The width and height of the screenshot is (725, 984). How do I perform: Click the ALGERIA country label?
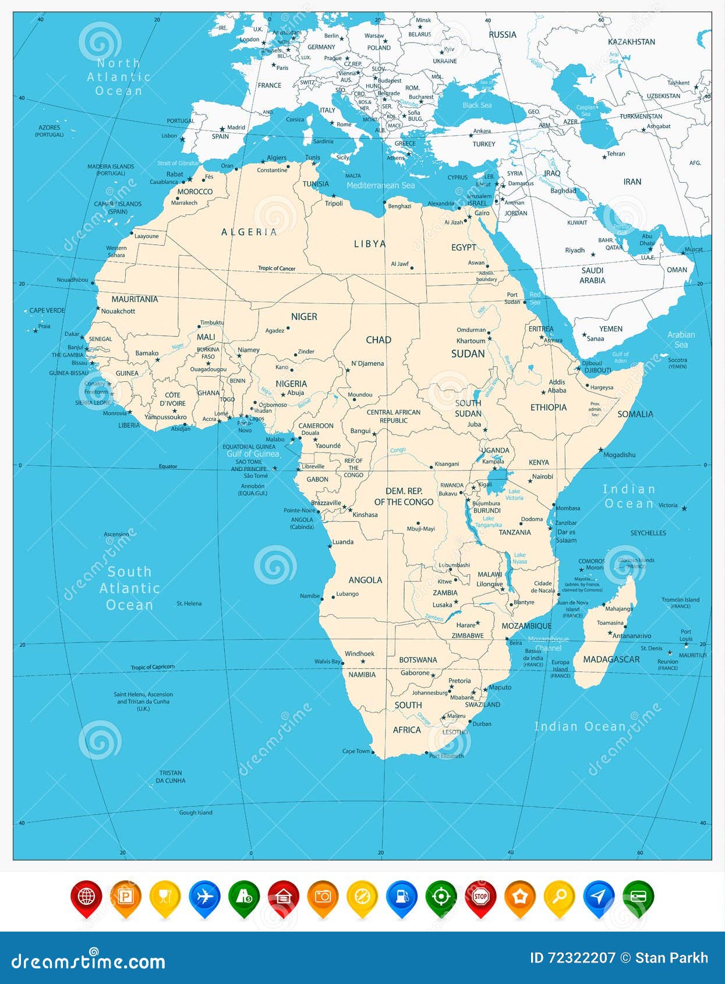coord(249,232)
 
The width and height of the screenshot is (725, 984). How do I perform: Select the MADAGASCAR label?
coord(611,659)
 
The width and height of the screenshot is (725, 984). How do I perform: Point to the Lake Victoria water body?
coord(497,481)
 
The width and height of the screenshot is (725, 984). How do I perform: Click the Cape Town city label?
coord(356,751)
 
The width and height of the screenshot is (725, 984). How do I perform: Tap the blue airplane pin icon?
coord(204,897)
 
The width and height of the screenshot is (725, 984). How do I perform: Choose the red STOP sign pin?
coord(480,897)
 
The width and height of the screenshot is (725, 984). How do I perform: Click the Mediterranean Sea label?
coord(380,185)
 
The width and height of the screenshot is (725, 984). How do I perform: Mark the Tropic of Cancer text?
coord(277,268)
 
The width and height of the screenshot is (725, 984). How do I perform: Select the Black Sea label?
coord(477,105)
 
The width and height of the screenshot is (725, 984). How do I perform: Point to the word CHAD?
coord(379,339)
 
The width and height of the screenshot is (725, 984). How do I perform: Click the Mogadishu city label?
coord(619,455)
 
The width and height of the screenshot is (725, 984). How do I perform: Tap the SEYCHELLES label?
coord(648,533)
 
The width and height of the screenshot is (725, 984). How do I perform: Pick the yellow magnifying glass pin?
coord(559,897)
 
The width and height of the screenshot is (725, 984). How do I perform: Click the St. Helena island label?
coord(189,604)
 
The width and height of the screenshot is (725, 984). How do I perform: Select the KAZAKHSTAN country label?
coord(631,42)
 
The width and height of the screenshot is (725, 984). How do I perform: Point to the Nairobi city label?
coord(542,476)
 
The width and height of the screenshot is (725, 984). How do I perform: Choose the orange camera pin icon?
coord(323,897)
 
